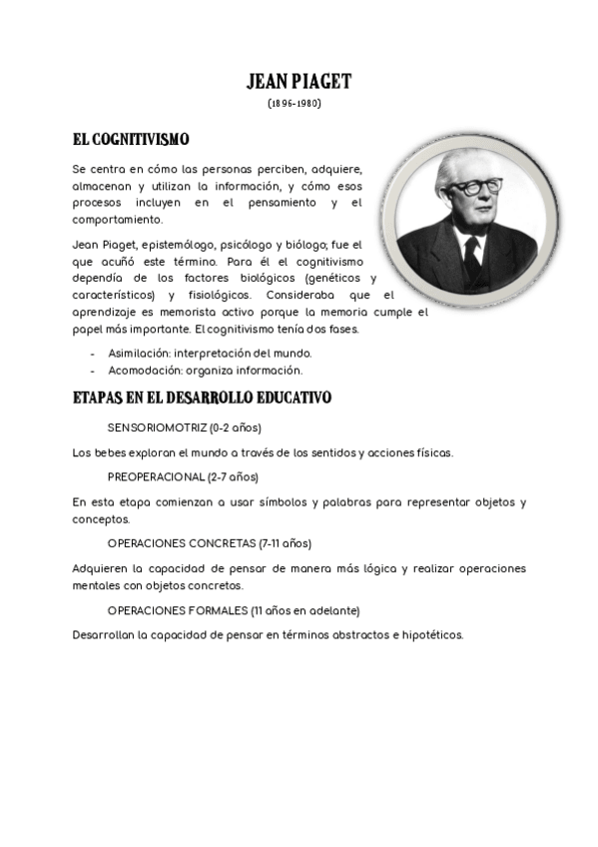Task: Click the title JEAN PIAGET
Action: (x=299, y=82)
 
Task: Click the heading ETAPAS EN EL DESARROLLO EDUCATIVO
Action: (x=202, y=398)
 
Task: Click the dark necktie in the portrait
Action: (x=472, y=259)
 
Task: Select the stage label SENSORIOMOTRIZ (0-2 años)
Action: (x=184, y=427)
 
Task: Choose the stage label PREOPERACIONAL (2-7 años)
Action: (x=183, y=476)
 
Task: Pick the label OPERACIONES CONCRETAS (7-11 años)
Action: (x=210, y=543)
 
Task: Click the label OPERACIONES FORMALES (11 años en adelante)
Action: (x=234, y=610)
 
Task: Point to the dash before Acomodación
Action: (x=93, y=371)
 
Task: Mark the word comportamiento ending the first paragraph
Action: (x=117, y=219)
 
